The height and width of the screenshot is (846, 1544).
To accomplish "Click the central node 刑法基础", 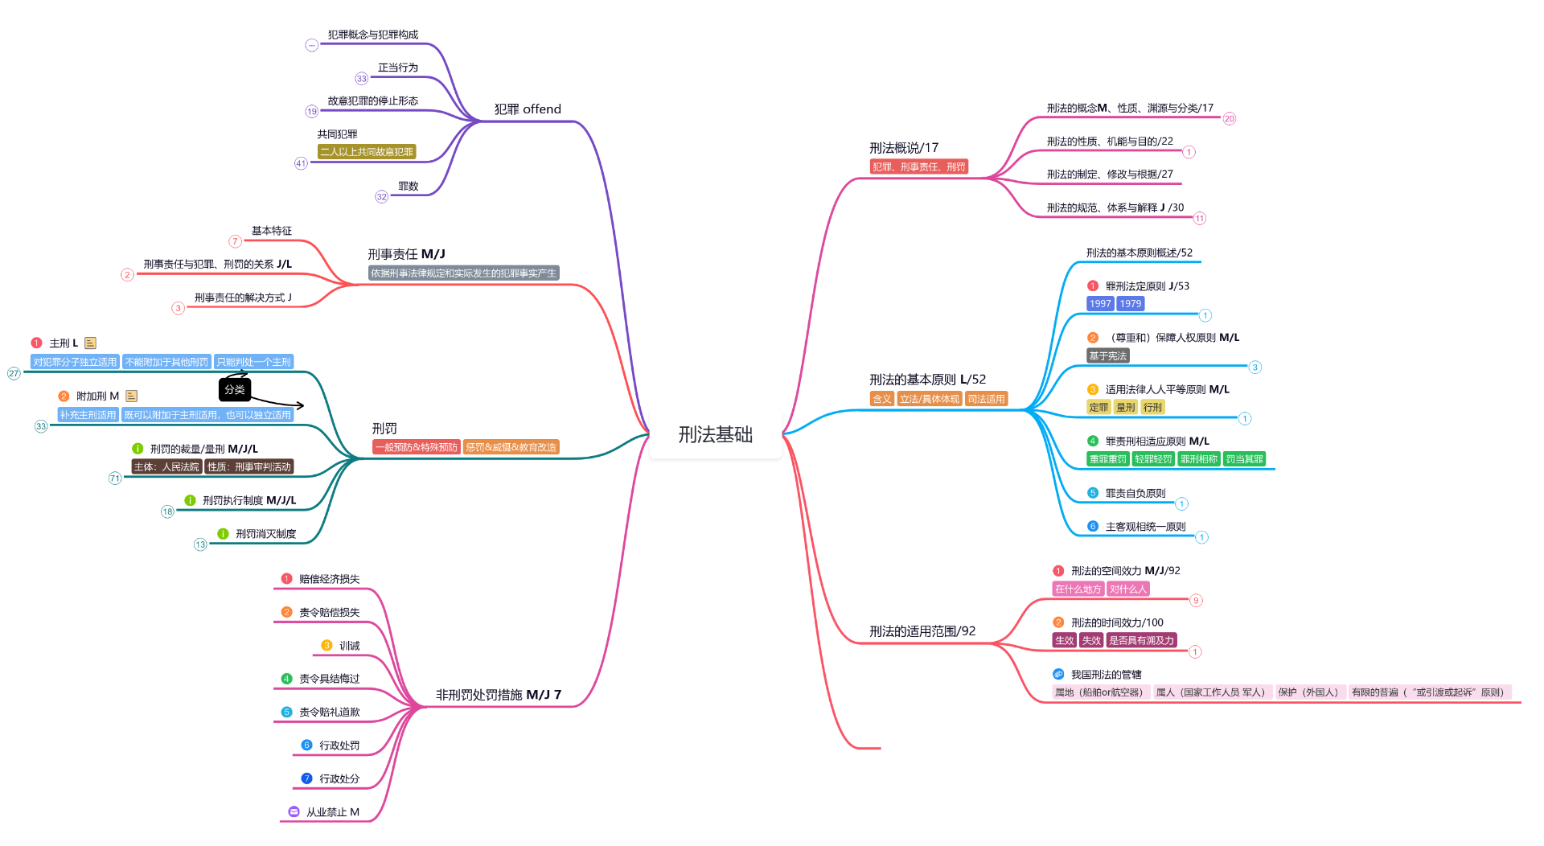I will coord(715,435).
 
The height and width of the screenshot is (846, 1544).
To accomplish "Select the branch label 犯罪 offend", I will coord(528,109).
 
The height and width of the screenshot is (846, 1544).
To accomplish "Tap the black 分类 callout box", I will coord(235,389).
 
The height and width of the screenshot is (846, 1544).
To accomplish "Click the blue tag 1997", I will coord(1099,304).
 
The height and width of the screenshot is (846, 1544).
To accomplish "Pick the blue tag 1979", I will coord(1130,304).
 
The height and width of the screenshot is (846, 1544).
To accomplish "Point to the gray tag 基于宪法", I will coord(1107,356).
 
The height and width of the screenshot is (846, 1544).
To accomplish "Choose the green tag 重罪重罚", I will coord(1107,459).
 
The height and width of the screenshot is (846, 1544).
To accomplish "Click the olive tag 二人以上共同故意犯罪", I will coord(367,152).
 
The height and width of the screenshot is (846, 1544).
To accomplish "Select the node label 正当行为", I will coord(398,68).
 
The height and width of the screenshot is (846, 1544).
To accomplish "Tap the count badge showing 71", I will coord(115,478).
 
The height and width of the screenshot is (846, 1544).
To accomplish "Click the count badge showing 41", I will coord(301,163).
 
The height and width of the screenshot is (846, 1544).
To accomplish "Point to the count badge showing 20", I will coord(1229,119).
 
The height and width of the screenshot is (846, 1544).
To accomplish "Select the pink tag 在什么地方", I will coord(1078,589).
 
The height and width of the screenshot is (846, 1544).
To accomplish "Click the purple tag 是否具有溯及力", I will coord(1141,641).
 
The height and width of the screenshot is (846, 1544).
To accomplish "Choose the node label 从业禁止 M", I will coord(333,812).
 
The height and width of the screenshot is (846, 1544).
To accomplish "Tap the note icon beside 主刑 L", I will coord(90,343).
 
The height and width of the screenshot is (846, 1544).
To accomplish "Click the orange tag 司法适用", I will coord(986,399).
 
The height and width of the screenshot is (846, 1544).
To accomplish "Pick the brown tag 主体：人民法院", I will coord(166,467).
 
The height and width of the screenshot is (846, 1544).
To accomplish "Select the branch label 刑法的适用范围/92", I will coord(922,631).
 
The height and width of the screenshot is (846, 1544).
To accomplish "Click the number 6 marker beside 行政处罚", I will coord(306,745).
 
